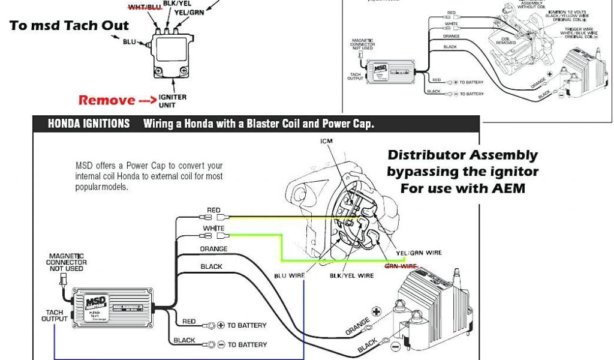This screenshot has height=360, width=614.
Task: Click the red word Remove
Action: coord(108,100)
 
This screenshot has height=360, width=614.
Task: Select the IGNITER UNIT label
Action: coord(172,101)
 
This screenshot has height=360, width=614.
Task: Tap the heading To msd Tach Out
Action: coord(69,25)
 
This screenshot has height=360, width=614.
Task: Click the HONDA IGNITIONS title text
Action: coord(89,124)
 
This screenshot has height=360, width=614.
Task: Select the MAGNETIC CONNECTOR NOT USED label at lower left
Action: coord(67,262)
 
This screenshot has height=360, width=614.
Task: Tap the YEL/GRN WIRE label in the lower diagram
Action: coord(420,253)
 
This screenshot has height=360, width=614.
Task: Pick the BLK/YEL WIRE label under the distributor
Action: coord(352,275)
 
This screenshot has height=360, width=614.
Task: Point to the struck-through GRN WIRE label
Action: coord(401,266)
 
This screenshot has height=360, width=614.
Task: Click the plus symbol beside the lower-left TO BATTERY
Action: coord(220,325)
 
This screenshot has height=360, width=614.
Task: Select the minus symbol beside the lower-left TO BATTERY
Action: coord(220,345)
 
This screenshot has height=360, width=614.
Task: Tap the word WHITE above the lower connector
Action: coord(213,229)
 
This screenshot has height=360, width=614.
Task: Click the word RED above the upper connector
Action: coord(213,210)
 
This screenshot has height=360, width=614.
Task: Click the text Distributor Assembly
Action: coord(462,155)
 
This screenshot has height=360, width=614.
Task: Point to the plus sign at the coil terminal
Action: coord(377,311)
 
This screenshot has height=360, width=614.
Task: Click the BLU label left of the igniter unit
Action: coord(129,43)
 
